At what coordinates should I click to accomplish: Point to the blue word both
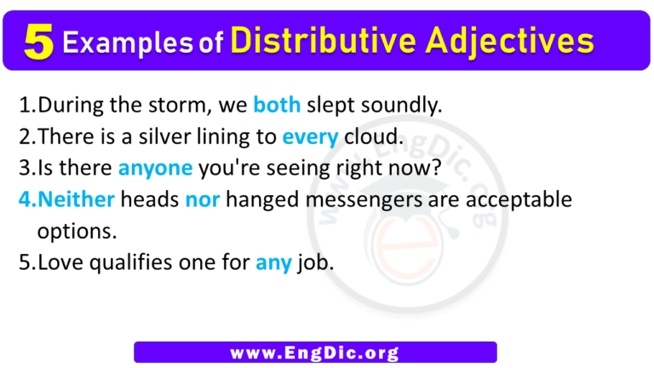pyautogui.click(x=277, y=106)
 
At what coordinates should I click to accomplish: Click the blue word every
pyautogui.click(x=310, y=137)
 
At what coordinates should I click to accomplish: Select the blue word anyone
pyautogui.click(x=155, y=168)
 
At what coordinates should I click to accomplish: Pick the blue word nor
pyautogui.click(x=201, y=199)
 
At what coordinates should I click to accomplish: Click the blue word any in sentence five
pyautogui.click(x=272, y=262)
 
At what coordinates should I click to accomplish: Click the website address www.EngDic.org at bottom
pyautogui.click(x=315, y=352)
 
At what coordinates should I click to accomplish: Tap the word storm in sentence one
pyautogui.click(x=176, y=106)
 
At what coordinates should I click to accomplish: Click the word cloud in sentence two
pyautogui.click(x=366, y=137)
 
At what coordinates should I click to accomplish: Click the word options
pyautogui.click(x=74, y=231)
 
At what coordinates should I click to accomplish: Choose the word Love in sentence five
pyautogui.click(x=61, y=262)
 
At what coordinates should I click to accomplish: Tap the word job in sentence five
pyautogui.click(x=314, y=262)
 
